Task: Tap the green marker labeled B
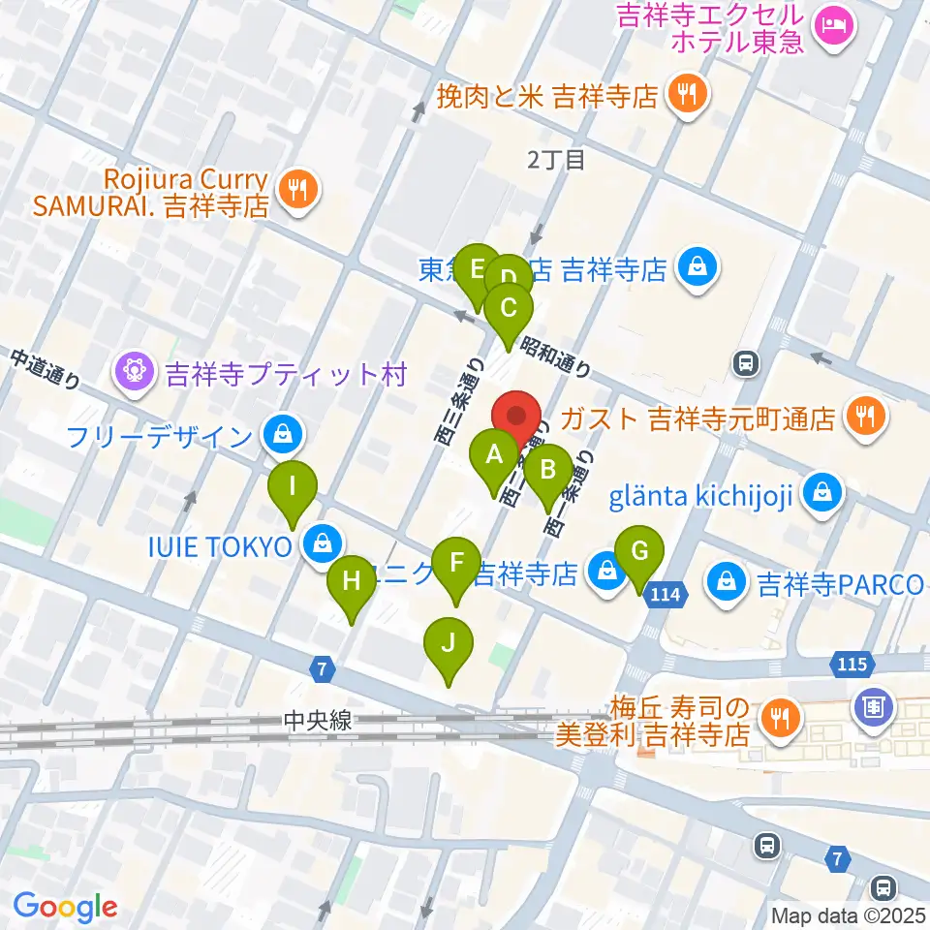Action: click(x=547, y=473)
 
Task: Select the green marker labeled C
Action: click(x=509, y=311)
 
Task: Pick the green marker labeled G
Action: click(x=638, y=553)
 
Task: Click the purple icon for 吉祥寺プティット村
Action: click(x=135, y=373)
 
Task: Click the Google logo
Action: click(x=65, y=907)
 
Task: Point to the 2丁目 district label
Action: click(x=556, y=161)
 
